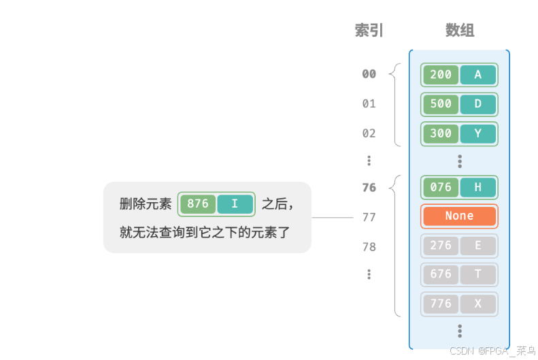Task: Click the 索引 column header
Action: coord(369,31)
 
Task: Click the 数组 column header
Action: coord(460,31)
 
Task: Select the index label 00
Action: coord(369,74)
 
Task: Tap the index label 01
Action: coord(369,103)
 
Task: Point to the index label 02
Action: coord(369,133)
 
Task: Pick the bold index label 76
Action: coord(369,188)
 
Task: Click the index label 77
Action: coord(369,217)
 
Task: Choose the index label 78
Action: coord(369,246)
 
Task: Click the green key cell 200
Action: coord(441,75)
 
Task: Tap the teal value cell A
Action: coord(478,75)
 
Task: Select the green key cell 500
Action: coord(441,104)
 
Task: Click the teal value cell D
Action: coord(478,104)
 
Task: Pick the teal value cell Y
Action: coord(478,133)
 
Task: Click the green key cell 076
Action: coord(441,187)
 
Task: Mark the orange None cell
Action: coord(459,216)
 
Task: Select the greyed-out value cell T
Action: coord(478,274)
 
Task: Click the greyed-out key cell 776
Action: coord(441,304)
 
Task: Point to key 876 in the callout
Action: coord(198,203)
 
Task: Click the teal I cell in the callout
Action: coord(235,203)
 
